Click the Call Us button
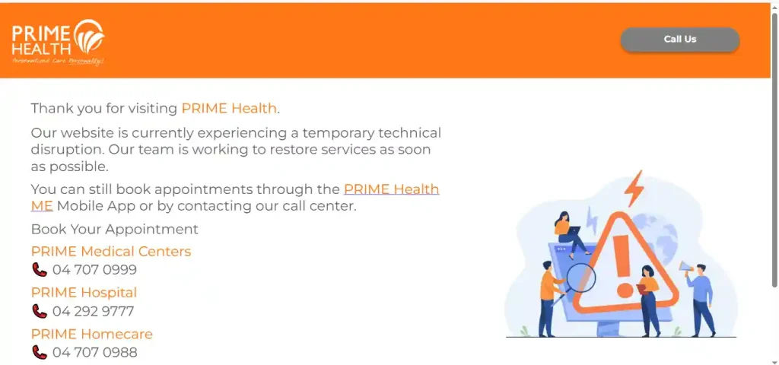[x=679, y=40]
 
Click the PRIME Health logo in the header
[x=58, y=43]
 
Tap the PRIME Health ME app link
[x=391, y=189]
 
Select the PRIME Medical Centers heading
[x=111, y=252]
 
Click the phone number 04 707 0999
[x=94, y=270]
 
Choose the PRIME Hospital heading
[x=84, y=293]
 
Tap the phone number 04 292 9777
[x=93, y=311]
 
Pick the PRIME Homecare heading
[x=91, y=334]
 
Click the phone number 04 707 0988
[x=94, y=352]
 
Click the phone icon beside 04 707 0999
[x=40, y=270]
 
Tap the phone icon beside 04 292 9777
[x=40, y=311]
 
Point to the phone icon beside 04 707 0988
[x=40, y=352]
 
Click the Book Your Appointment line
[x=114, y=230]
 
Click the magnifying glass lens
[x=581, y=278]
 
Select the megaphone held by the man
[x=685, y=268]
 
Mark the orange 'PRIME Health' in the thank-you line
[x=229, y=109]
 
